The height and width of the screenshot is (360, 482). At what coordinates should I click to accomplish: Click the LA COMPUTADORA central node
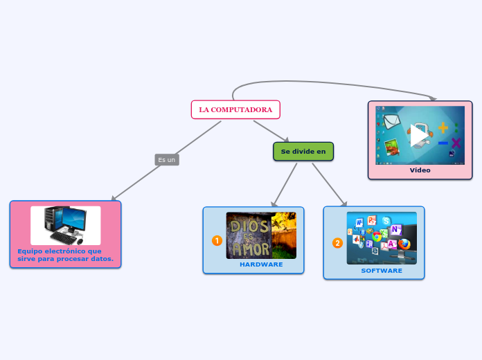pos(235,109)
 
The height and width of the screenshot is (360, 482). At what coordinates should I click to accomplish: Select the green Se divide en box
pos(303,151)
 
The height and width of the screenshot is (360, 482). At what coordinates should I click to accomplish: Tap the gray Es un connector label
pos(166,160)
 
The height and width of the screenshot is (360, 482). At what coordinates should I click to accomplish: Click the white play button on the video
pos(418,136)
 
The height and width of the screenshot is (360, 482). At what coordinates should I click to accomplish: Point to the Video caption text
pos(420,170)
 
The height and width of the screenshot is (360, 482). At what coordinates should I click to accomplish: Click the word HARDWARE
pos(261,264)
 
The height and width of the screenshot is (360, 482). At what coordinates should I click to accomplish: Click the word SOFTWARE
pos(382,271)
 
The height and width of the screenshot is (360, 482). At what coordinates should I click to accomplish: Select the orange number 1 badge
pos(217,240)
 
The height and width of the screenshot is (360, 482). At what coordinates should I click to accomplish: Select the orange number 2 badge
pos(337,243)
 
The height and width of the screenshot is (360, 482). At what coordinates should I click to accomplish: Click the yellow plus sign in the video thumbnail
pos(443,127)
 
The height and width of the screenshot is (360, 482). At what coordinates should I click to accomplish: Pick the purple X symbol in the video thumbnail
pos(456,143)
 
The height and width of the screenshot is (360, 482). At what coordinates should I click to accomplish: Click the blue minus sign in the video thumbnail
pos(443,143)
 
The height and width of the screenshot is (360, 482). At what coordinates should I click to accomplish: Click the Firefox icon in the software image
pos(404,244)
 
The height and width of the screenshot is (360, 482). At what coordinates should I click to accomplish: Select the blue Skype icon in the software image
pos(386,221)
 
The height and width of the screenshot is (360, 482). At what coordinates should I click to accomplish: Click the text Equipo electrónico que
pos(60,251)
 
